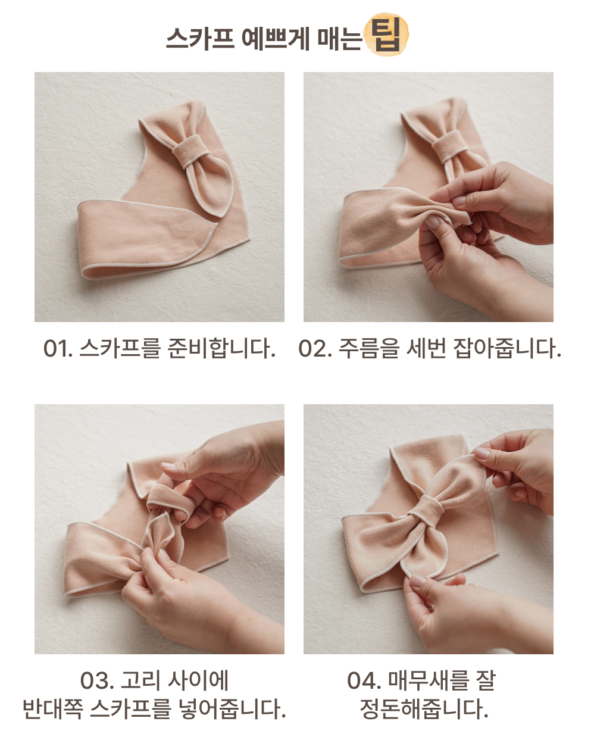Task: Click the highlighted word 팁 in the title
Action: [386, 35]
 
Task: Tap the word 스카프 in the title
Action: [201, 38]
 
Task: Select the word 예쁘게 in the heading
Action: [275, 38]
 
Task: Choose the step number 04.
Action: [364, 680]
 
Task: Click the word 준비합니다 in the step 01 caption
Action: [221, 348]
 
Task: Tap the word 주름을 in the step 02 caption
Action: [369, 348]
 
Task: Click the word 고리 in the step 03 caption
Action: [140, 680]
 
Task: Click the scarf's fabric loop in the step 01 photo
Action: [190, 151]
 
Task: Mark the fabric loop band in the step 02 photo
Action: [449, 146]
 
